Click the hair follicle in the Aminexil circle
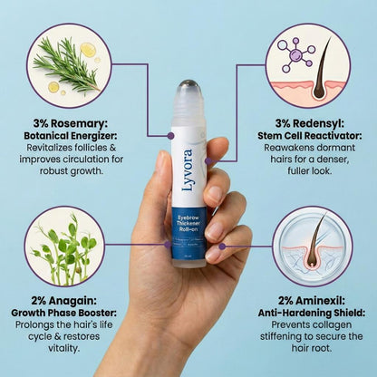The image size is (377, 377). pos(312,247)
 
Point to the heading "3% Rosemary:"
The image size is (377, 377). pos(68,122)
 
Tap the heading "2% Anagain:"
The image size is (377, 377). pos(67,299)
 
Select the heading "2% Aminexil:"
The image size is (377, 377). pos(313,299)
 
